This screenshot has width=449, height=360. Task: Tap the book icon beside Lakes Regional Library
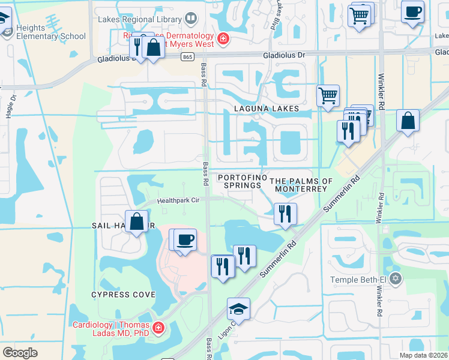pos(190,19)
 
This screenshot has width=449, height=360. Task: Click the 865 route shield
pos(188,56)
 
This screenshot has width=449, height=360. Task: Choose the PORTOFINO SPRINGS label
pos(240,181)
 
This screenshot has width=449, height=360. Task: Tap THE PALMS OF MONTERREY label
pos(301,185)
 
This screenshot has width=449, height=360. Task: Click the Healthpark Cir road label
pos(179,201)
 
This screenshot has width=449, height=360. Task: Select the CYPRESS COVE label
pos(123,295)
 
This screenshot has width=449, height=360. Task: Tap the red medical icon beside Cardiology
pos(158,328)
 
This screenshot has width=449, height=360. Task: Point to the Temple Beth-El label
pos(359,280)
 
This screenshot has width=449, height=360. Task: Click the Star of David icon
pos(395,279)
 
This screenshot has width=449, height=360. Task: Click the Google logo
pos(20,352)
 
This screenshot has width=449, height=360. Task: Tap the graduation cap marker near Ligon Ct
pos(238,310)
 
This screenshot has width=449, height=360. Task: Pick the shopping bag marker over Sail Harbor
pos(137,221)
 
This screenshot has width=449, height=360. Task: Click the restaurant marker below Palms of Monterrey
pos(285,214)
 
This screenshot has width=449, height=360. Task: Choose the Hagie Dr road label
pos(10,106)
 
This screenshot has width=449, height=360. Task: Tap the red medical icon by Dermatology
pos(223,39)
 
